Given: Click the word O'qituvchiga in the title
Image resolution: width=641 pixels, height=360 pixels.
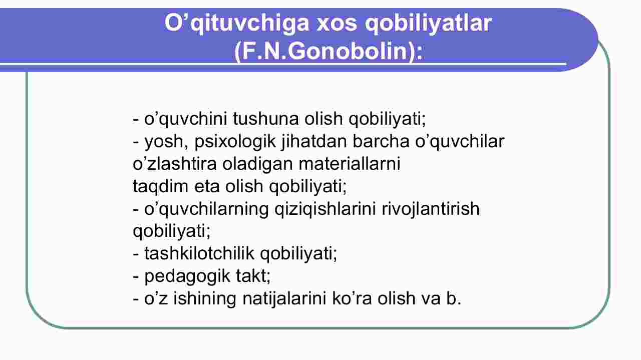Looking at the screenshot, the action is pos(237,24).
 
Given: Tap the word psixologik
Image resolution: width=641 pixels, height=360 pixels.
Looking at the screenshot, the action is pos(235,142).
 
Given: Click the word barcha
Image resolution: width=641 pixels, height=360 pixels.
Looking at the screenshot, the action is pos(381,141).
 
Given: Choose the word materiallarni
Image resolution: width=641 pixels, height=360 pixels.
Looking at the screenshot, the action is pos(349,164).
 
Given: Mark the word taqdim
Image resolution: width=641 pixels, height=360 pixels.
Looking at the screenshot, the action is pos(160,187).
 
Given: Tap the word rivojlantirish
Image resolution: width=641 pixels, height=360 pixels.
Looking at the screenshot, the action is pos(431,209).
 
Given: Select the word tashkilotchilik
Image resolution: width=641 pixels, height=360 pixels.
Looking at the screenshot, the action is pos(199,253).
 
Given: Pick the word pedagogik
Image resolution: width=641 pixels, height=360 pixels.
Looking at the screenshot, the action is pos(187,277).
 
